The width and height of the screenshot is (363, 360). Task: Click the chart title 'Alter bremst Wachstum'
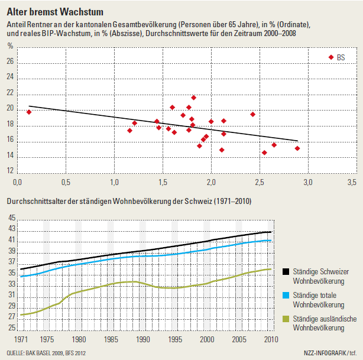click(55, 12)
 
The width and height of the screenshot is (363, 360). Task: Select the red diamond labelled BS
click(331, 57)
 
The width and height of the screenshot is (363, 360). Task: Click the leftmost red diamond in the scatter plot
click(29, 112)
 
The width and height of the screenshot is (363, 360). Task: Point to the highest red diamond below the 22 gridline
click(193, 98)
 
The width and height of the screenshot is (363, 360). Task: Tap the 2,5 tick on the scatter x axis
click(260, 183)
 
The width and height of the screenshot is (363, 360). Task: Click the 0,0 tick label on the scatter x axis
click(17, 183)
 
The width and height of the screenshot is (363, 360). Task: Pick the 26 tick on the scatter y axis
click(10, 61)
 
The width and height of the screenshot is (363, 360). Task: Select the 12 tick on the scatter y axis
click(10, 171)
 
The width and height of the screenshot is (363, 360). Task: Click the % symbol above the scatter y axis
click(10, 46)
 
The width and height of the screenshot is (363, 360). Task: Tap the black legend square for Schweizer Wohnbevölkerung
click(286, 271)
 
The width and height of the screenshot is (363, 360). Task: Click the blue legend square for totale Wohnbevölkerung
click(286, 295)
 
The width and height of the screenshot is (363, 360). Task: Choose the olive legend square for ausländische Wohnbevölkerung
click(286, 319)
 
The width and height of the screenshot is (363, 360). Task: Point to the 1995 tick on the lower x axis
click(175, 339)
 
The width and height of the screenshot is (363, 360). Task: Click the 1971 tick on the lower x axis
click(21, 339)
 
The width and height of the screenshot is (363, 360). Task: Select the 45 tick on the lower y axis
click(12, 218)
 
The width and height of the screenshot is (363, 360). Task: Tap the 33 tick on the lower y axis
click(12, 284)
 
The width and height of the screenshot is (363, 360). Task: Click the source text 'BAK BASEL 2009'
click(44, 353)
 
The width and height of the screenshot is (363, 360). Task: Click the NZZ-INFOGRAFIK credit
click(325, 353)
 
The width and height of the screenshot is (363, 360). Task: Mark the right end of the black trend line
click(297, 141)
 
